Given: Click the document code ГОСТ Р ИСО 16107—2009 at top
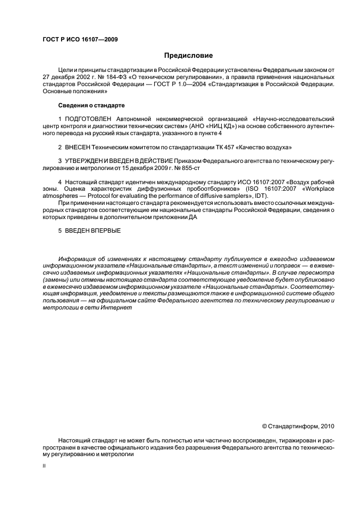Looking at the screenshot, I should click(80, 39).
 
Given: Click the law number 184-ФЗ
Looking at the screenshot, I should click(122, 77).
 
